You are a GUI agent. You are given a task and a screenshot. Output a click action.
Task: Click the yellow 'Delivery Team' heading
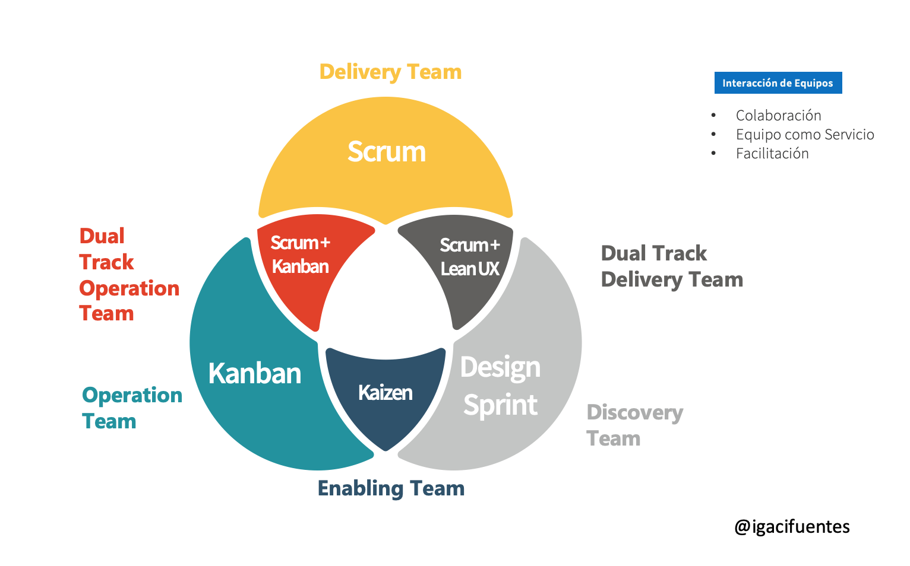(390, 72)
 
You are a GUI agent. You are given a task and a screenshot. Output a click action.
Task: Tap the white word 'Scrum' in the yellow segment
(387, 152)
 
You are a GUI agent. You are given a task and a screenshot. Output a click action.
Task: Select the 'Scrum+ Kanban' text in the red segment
(301, 255)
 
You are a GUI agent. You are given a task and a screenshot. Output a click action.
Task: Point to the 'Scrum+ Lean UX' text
(470, 257)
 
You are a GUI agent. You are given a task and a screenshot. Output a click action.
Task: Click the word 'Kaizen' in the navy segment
(386, 393)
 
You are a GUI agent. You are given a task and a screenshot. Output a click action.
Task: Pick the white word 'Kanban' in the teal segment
(255, 373)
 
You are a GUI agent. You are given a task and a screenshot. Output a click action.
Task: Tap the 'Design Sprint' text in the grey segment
(501, 386)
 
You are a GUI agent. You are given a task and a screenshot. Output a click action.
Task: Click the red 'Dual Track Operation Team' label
(129, 275)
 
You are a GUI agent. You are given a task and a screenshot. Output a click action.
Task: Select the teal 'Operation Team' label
(132, 408)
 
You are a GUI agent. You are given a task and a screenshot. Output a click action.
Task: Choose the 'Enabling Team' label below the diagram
(391, 488)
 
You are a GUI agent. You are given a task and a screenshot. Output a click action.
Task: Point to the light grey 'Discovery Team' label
(634, 425)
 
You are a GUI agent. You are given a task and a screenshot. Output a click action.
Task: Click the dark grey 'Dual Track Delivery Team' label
(672, 266)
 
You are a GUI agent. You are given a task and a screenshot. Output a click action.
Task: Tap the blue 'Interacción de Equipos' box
(778, 83)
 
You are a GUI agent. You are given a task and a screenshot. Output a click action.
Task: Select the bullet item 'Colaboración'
(778, 116)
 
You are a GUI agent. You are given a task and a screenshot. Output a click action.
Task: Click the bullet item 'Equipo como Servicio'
(805, 135)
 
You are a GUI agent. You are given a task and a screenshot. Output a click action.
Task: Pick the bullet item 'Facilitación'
(772, 154)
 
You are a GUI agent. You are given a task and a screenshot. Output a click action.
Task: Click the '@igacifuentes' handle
(792, 527)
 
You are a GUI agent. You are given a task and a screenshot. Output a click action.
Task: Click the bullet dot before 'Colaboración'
(713, 116)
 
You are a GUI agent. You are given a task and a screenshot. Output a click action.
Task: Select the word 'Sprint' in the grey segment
(501, 406)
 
